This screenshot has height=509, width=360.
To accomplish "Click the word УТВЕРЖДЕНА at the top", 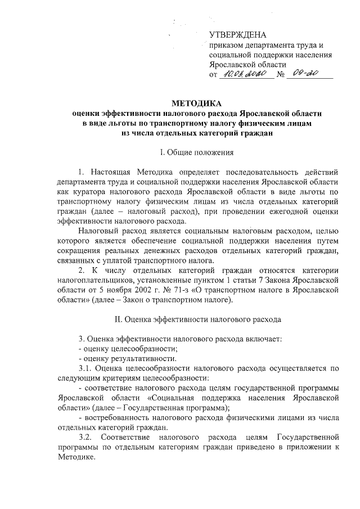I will coord(233,35).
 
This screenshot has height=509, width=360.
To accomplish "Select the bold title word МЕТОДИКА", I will coord(196,103).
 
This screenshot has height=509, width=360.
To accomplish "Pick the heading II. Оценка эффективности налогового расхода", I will coord(196,319).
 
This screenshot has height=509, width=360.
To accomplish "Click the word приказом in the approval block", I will coord(226,46).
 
